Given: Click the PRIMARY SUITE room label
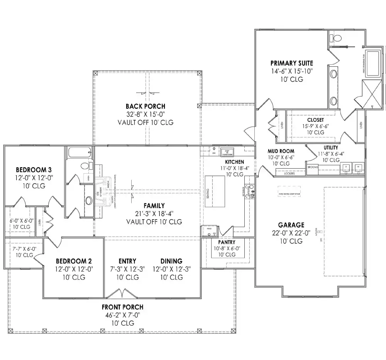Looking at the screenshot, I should pos(291,63).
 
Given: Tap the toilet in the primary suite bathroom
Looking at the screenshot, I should pos(336,38).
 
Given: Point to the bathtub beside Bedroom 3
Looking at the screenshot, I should pos(80,153).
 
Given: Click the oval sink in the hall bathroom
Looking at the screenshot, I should pos(88,200).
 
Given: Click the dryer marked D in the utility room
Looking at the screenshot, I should pos(347,167).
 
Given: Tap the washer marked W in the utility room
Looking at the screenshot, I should pos(359,167).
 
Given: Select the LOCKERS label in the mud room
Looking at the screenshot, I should pos(289,174).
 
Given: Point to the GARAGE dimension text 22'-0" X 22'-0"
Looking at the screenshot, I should pos(291,233).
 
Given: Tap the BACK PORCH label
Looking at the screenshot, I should pos(145,106).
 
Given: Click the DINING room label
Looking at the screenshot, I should pos(171,261).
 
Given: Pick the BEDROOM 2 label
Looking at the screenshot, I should pos(74,261).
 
